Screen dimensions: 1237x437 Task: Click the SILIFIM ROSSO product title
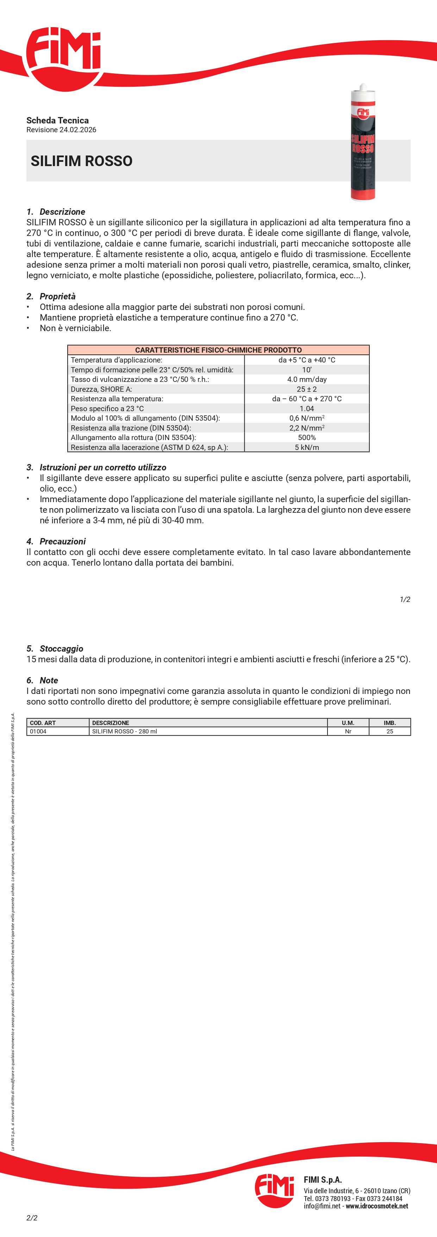pos(82,161)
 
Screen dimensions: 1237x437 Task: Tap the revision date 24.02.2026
pos(78,130)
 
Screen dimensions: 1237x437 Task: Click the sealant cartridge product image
pos(363,142)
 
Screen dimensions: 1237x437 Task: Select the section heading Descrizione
pos(62,212)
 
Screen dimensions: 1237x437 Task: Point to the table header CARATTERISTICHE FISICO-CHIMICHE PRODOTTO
pos(218,350)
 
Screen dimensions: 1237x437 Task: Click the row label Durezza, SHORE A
pos(101,389)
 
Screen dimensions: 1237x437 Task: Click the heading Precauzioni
pos(62,541)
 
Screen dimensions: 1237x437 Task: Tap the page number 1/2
pos(405,599)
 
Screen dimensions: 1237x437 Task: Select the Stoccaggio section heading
pos(61,649)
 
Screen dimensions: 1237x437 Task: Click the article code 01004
pos(38,731)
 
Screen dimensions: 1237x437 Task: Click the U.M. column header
pos(348,723)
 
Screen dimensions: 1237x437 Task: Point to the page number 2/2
pos(32,1218)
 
